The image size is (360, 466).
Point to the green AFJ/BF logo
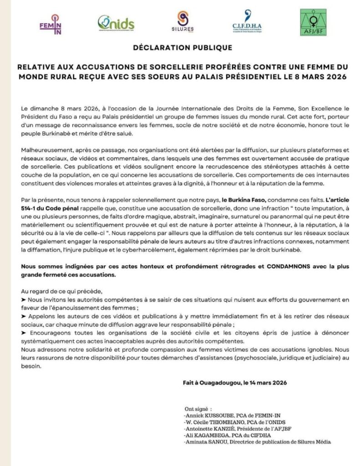[x=313, y=23]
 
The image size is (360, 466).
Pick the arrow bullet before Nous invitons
[x=24, y=300]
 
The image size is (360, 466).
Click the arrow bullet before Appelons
[x=24, y=315]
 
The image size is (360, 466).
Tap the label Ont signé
[x=198, y=408]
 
